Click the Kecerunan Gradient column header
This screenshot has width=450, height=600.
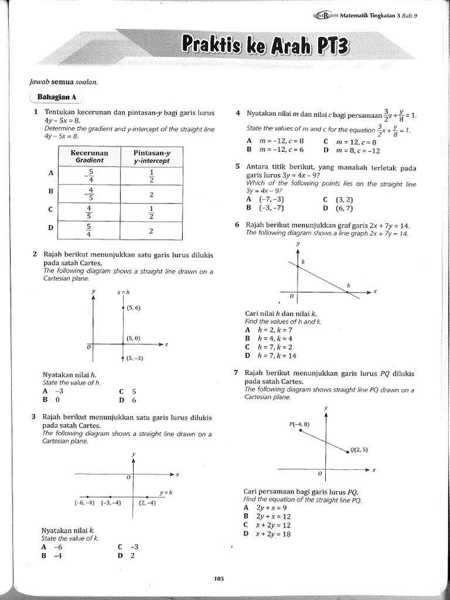[89, 156]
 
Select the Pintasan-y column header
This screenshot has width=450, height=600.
[151, 156]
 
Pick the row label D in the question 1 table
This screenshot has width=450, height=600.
[50, 228]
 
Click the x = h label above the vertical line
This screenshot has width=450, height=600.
[123, 292]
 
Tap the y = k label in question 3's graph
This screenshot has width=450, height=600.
[165, 492]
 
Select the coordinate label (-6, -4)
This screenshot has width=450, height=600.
[84, 503]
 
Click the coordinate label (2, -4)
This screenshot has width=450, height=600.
[147, 503]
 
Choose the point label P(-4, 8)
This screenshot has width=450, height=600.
[299, 424]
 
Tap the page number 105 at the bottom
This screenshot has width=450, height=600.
[219, 579]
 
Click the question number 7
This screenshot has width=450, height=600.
[236, 373]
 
